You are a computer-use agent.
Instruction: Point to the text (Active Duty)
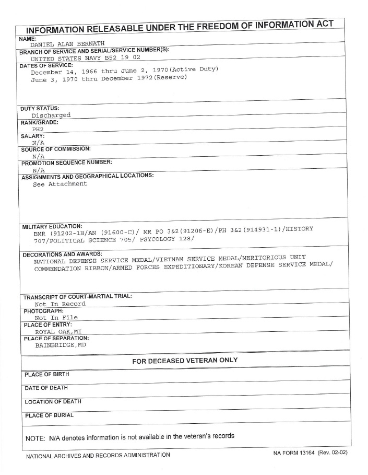click(x=193, y=69)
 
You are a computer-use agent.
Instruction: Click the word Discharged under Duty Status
click(x=51, y=115)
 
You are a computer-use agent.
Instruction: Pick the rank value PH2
click(x=38, y=129)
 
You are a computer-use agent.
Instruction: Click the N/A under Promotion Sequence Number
click(x=38, y=170)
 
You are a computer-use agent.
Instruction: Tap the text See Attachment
click(x=60, y=184)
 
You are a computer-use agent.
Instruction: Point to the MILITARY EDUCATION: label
click(x=52, y=226)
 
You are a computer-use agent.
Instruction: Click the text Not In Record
click(x=60, y=304)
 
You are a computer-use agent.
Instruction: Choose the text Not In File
click(x=56, y=317)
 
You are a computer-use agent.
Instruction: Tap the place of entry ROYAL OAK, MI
click(x=58, y=331)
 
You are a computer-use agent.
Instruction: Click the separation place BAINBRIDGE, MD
click(x=60, y=345)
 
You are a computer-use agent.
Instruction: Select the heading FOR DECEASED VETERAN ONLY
click(x=185, y=360)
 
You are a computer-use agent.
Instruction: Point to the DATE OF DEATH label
click(x=46, y=388)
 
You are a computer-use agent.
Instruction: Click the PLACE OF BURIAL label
click(x=49, y=415)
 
